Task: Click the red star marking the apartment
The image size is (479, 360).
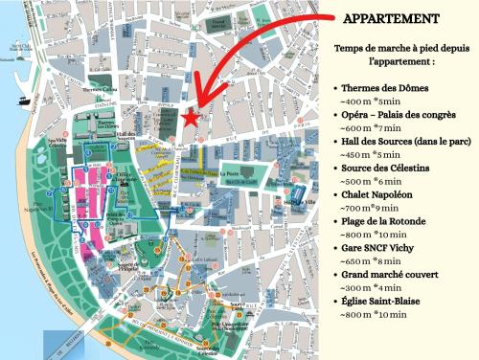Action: pyautogui.click(x=191, y=118)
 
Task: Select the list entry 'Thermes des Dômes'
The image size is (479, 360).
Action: pyautogui.click(x=386, y=88)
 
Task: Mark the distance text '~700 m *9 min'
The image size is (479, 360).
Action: pyautogui.click(x=377, y=206)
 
